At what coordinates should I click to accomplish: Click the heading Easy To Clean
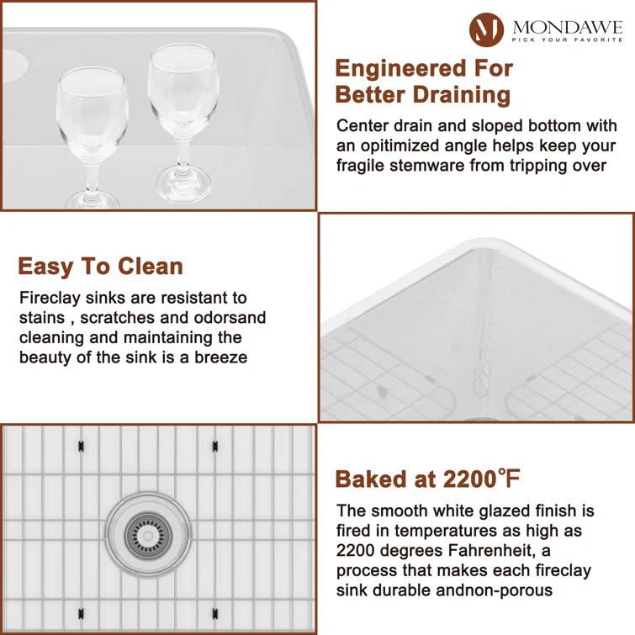coord(100,267)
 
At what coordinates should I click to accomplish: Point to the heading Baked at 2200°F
coord(428,479)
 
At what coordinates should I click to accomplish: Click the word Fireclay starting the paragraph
coord(50,299)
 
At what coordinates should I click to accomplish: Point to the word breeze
coord(221,357)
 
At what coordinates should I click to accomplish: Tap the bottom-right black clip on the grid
coord(214,611)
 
